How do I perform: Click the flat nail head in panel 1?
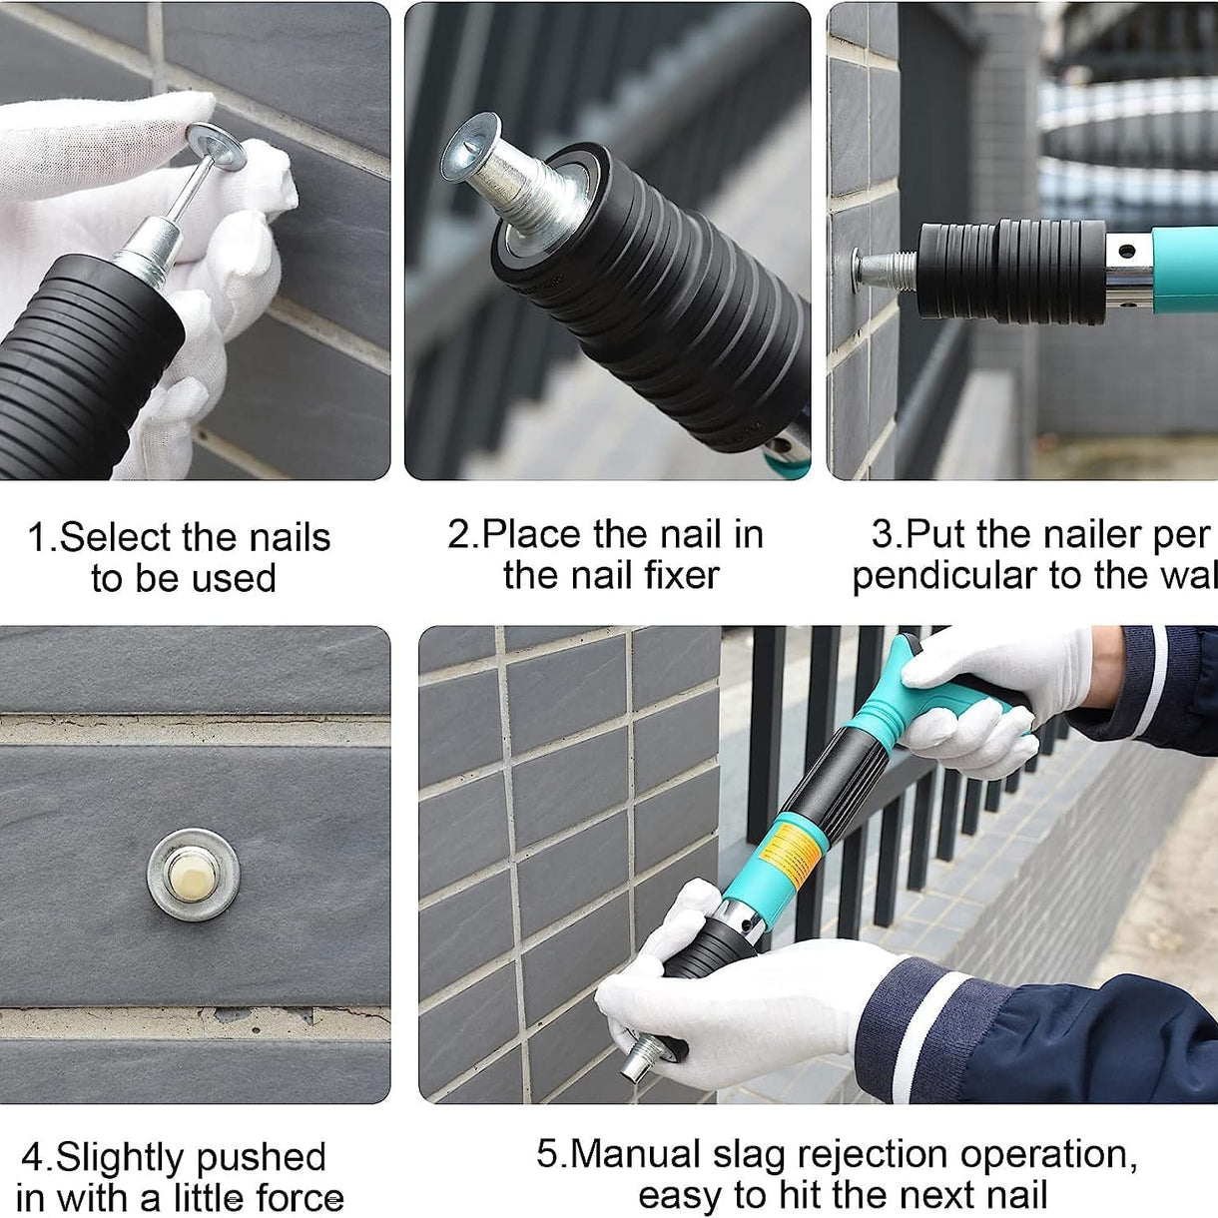pyautogui.click(x=216, y=147)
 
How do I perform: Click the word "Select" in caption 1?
pyautogui.click(x=115, y=538)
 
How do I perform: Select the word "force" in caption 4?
pyautogui.click(x=300, y=1198)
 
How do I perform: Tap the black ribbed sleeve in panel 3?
pyautogui.click(x=1008, y=271)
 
